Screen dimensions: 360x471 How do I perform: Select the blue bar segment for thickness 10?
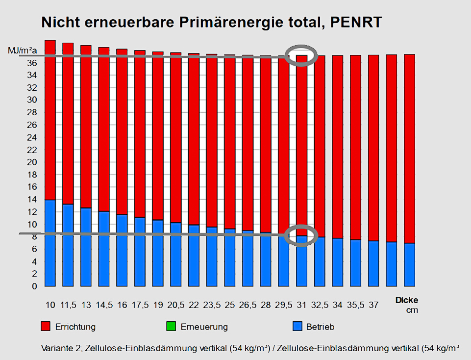tap(50, 243)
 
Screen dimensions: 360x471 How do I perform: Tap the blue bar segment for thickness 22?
tap(194, 255)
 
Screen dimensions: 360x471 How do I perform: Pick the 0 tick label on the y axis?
tap(34, 286)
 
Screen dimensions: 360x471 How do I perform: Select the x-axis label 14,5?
tap(103, 305)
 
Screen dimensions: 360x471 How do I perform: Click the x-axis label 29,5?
tap(283, 305)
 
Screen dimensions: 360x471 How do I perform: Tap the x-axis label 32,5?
tap(320, 305)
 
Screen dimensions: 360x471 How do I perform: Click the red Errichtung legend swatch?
tap(45, 327)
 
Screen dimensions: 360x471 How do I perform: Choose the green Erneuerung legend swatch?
tap(171, 327)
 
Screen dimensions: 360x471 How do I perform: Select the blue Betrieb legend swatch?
tap(296, 327)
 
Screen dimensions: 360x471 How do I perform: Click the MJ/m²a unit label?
tap(23, 51)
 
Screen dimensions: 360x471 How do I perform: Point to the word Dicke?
tap(407, 301)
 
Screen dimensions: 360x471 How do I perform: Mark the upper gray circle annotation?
tap(302, 55)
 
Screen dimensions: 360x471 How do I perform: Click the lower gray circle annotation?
tap(302, 235)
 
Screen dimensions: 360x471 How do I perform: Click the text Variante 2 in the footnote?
tap(62, 348)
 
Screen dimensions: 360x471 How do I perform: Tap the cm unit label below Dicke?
tap(412, 310)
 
